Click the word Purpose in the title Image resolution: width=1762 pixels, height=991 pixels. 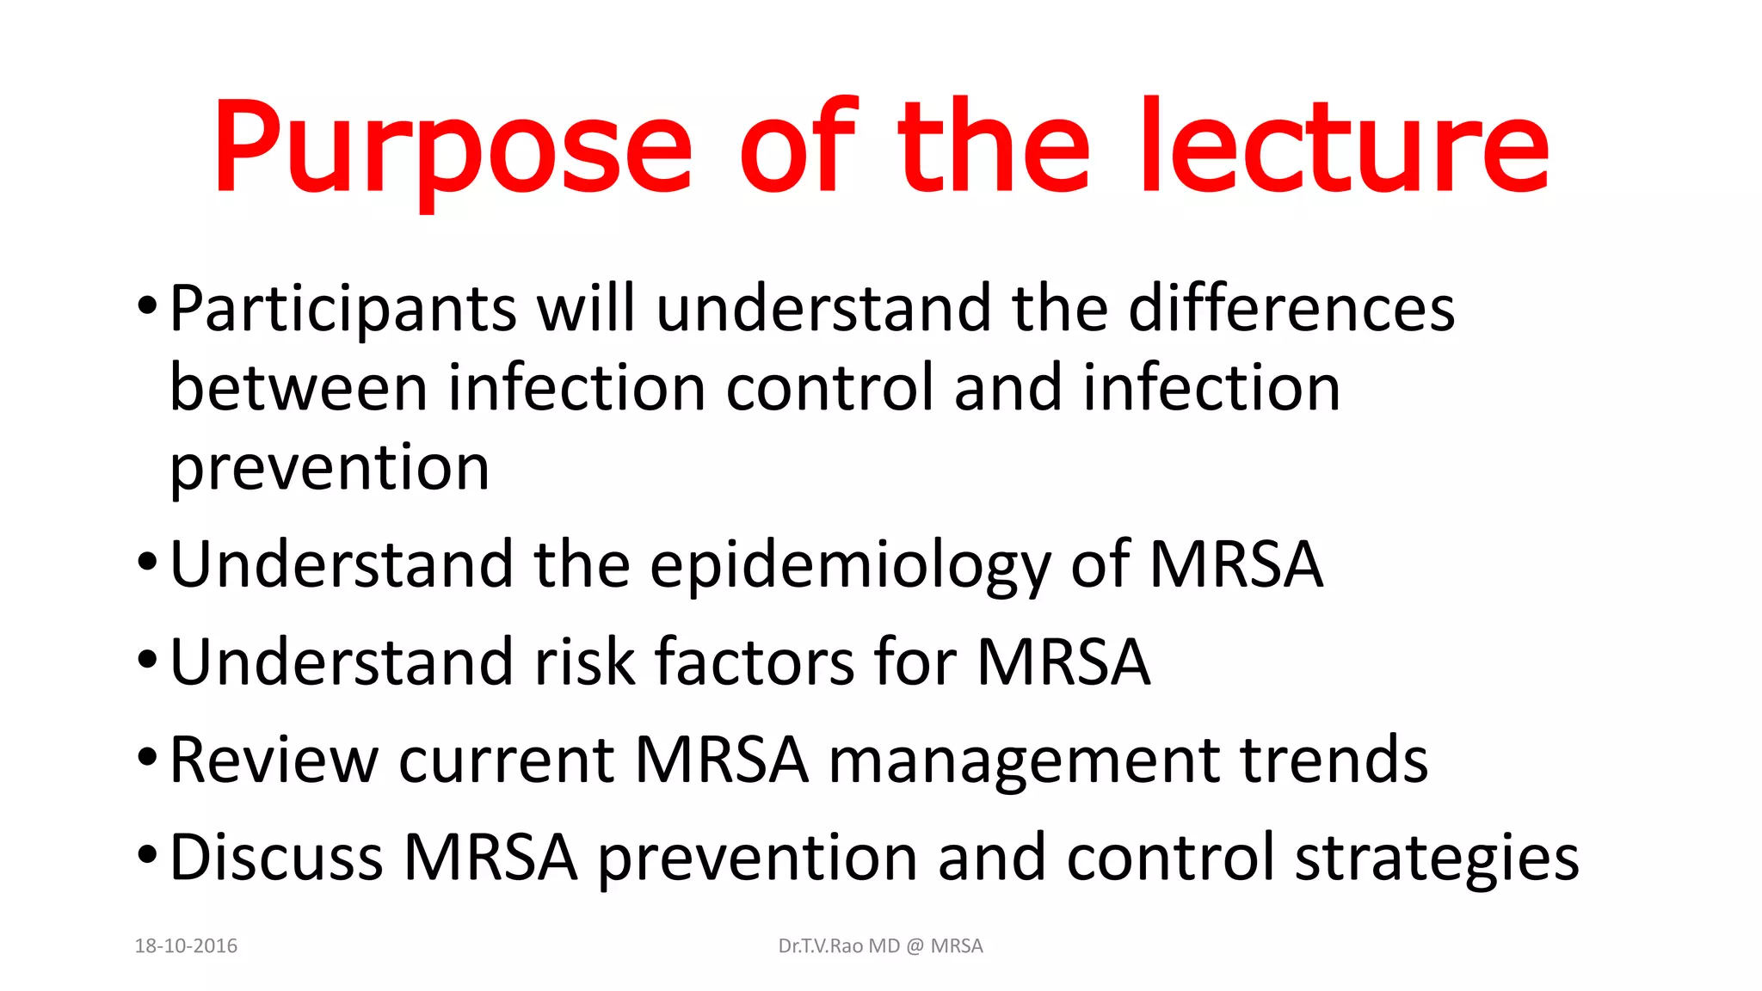(x=452, y=148)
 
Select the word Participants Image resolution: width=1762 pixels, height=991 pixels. (x=342, y=309)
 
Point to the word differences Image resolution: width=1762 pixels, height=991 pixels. (x=1291, y=309)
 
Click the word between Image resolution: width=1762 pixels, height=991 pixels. (x=299, y=388)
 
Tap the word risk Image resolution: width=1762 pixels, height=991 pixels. (x=585, y=662)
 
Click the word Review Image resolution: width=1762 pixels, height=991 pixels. (x=274, y=760)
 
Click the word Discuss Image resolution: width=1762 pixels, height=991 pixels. (x=276, y=858)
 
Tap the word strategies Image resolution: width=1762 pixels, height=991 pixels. (x=1437, y=859)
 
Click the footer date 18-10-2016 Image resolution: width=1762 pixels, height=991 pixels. (x=186, y=946)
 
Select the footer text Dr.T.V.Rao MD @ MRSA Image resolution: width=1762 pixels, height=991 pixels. (x=880, y=946)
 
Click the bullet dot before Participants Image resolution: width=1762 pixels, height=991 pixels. (x=147, y=305)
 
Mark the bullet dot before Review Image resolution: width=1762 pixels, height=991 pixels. (x=147, y=758)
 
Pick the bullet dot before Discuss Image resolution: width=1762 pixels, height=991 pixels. (x=147, y=856)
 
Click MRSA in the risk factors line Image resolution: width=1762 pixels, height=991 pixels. (x=1063, y=662)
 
